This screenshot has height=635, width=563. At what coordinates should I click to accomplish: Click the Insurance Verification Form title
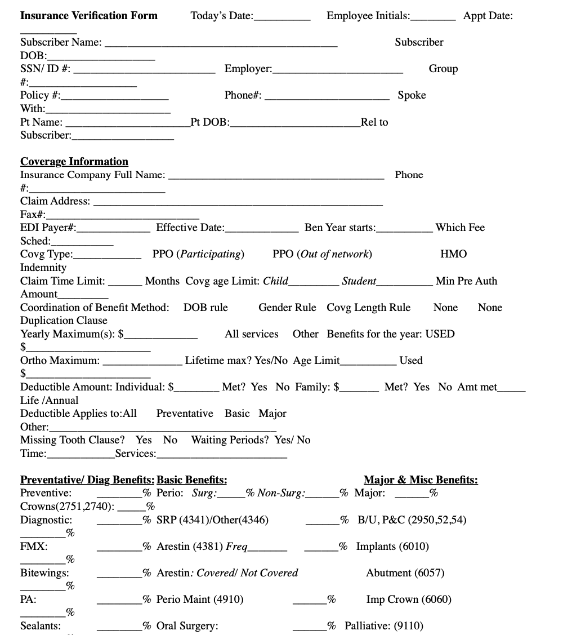[89, 16]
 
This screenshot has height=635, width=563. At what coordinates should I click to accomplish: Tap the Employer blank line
[338, 71]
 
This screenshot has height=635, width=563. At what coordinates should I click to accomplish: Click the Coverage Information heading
[74, 162]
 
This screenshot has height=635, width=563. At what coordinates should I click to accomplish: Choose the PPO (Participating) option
[198, 254]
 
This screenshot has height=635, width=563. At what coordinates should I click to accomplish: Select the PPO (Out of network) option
[322, 254]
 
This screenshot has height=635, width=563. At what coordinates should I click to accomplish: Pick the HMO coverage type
[453, 254]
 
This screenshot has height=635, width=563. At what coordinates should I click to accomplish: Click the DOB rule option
[205, 308]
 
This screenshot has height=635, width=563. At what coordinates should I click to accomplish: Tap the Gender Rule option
[287, 308]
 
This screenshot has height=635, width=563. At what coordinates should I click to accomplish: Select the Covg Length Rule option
[368, 308]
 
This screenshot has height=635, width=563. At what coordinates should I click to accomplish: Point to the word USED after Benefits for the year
[440, 334]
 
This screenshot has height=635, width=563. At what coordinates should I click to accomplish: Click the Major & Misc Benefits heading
[421, 481]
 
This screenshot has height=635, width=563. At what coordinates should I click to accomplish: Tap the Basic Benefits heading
[192, 481]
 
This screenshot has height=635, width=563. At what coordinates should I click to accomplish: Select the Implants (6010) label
[392, 547]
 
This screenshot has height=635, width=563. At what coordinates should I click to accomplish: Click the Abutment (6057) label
[405, 573]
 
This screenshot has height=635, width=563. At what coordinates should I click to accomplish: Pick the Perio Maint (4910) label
[200, 600]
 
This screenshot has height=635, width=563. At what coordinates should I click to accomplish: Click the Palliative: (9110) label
[384, 626]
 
